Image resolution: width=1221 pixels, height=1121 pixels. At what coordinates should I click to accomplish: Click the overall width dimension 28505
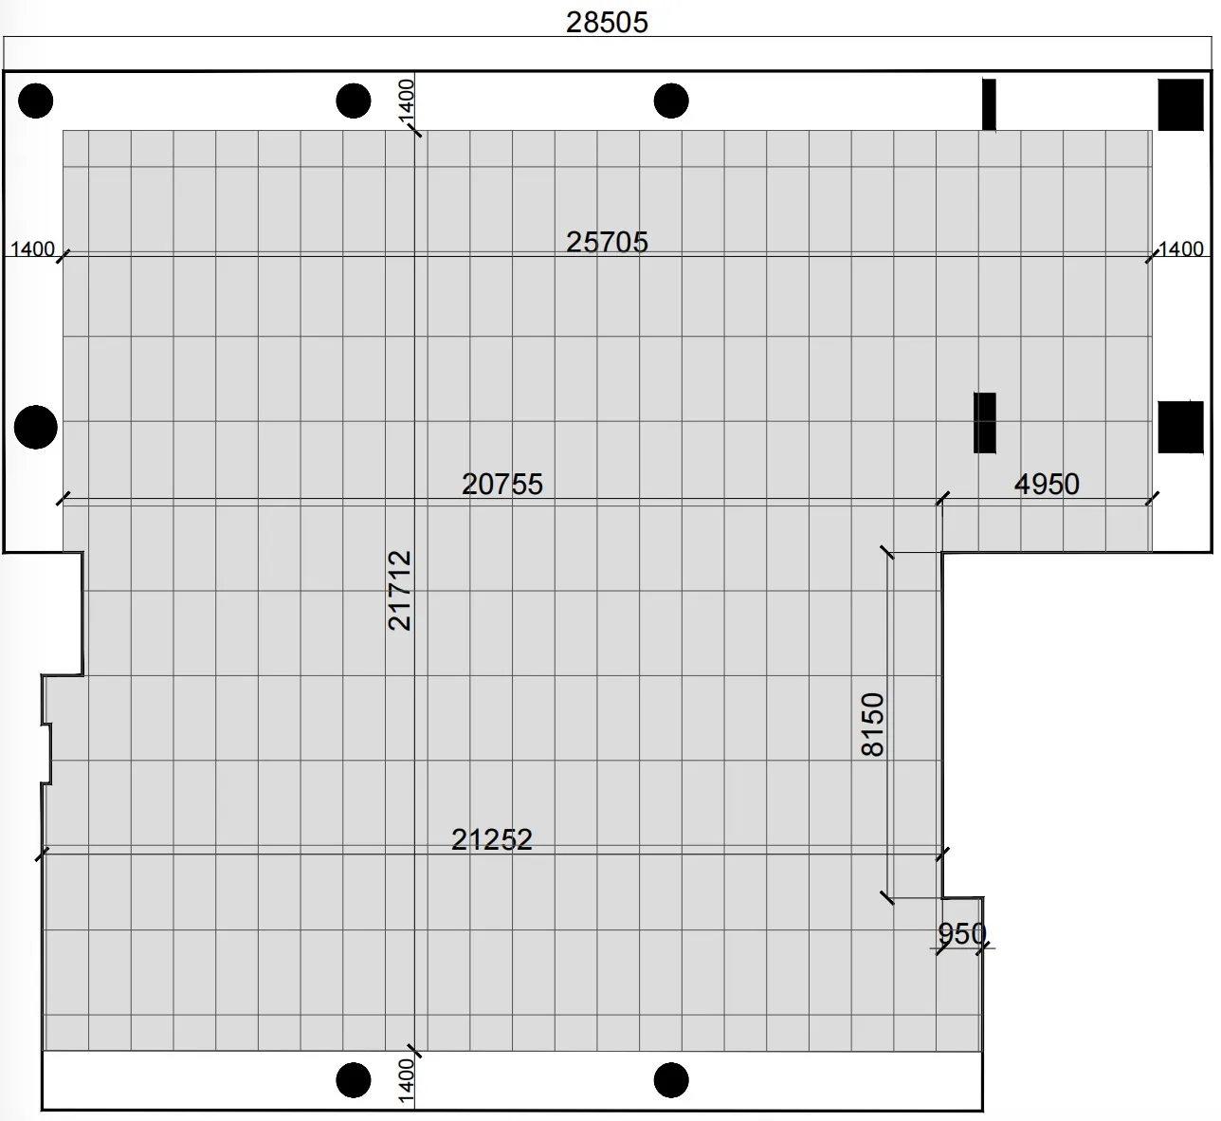607,23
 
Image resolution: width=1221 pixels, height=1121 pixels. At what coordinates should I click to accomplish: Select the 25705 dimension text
607,242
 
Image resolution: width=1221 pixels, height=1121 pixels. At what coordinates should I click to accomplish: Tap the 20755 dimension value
502,484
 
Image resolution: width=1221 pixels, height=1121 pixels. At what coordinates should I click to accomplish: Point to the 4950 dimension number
1047,484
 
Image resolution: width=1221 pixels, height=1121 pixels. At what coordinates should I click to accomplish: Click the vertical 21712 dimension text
400,590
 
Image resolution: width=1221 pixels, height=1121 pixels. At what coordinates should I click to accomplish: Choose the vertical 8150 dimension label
873,724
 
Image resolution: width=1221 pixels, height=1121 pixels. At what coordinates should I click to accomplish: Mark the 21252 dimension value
492,839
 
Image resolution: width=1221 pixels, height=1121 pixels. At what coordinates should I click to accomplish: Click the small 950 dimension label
961,933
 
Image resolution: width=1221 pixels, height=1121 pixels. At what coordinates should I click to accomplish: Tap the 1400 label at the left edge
33,248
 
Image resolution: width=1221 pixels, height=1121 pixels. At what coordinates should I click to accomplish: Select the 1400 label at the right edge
1181,248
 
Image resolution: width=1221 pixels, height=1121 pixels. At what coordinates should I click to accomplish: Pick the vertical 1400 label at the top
406,101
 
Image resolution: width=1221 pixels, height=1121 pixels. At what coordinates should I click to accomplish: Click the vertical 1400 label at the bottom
406,1081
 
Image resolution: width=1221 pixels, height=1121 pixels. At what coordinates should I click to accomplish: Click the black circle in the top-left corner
35,101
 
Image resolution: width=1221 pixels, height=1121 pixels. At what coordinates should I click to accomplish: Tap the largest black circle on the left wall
35,427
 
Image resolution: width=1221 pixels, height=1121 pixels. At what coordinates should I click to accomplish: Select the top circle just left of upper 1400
353,101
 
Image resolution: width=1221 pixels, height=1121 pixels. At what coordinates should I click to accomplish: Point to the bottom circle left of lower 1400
353,1080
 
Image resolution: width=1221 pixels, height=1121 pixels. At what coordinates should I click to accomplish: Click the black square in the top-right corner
1180,104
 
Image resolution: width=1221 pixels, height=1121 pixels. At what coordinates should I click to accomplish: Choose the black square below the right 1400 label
1180,427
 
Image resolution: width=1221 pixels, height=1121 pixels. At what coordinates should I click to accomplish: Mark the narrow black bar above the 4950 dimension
984,423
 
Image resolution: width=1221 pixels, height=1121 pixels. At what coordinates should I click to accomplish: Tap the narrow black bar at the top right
989,104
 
